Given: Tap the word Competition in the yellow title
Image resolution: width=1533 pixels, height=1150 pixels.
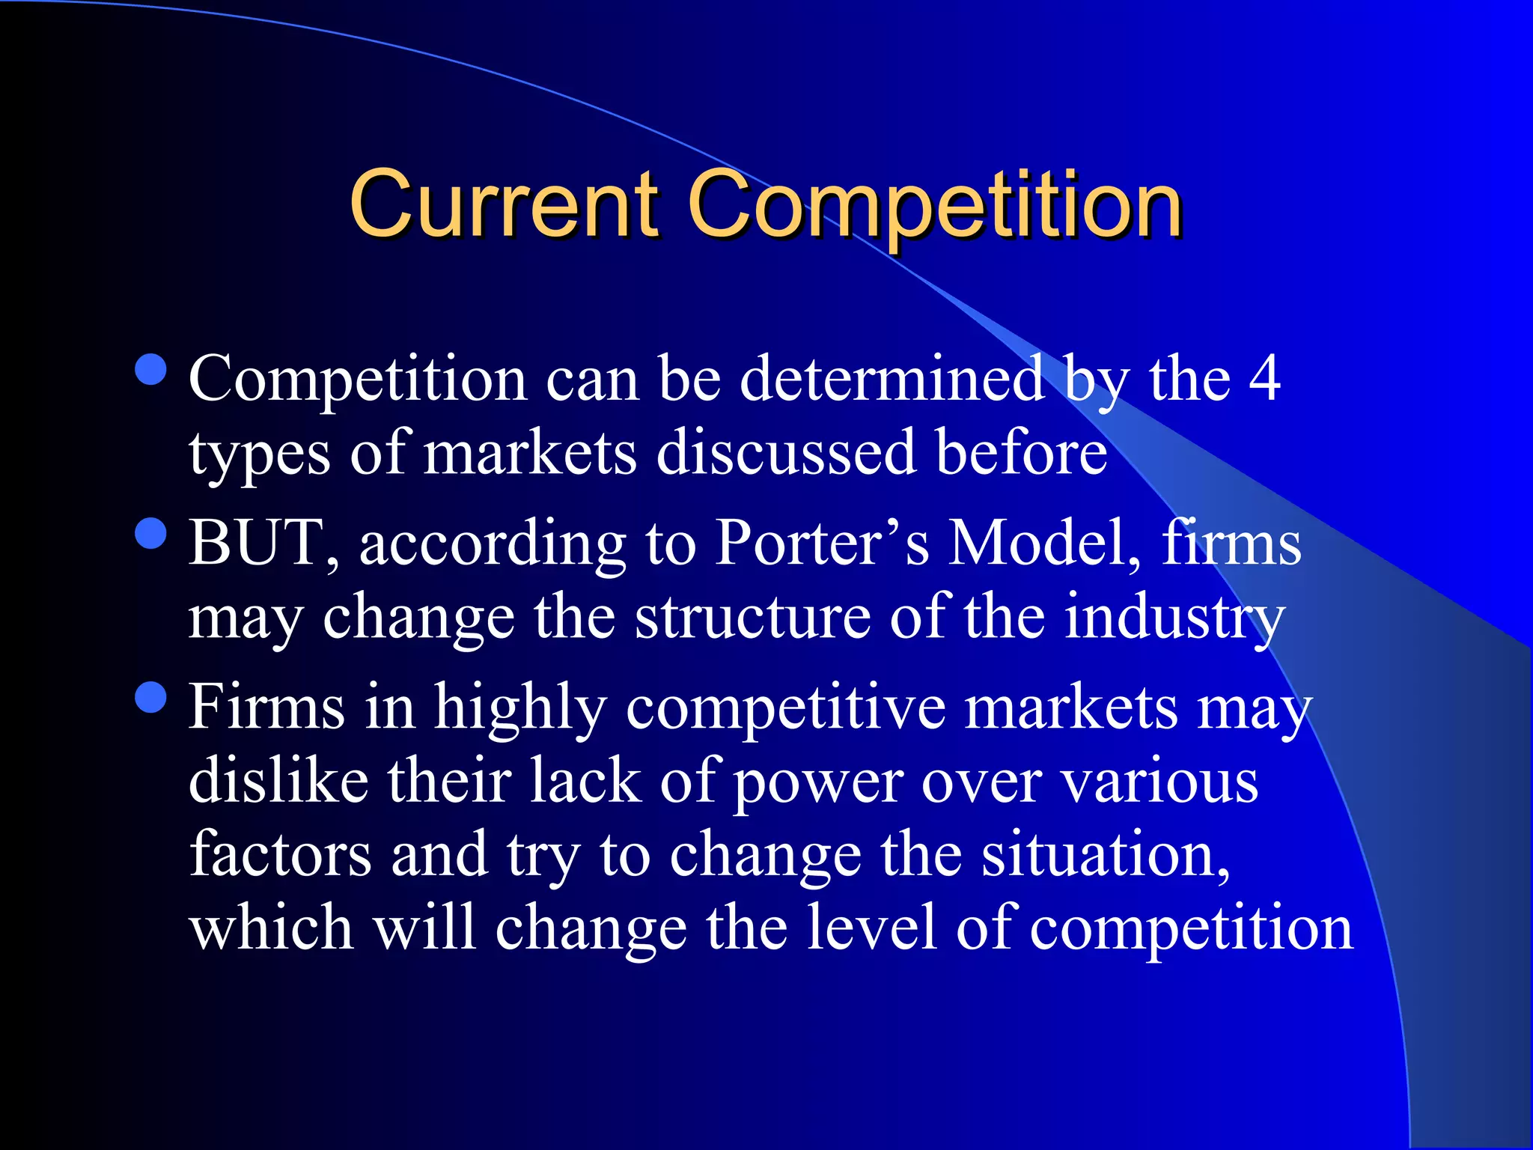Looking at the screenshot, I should point(935,206).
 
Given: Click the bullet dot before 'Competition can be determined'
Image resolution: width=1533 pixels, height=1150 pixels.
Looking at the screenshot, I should point(152,369).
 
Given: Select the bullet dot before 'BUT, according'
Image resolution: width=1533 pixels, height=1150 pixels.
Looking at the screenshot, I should point(152,534).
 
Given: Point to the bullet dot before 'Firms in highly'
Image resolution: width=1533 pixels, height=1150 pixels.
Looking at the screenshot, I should point(152,697).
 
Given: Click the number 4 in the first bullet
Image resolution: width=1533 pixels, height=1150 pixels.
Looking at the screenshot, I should point(1264,379).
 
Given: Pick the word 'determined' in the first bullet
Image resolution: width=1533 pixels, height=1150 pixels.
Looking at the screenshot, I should point(892,379).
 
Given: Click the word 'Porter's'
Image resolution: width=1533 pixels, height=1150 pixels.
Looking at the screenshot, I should point(822,542).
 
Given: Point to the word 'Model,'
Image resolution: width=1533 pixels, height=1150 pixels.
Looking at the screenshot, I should point(1045,542).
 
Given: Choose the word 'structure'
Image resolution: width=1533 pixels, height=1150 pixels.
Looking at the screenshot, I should point(753,617).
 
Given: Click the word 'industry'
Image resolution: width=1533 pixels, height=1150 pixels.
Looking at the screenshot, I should point(1174,618).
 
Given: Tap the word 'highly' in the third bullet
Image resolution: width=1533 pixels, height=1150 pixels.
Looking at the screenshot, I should point(520,708).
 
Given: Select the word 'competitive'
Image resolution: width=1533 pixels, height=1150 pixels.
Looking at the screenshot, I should point(786,708).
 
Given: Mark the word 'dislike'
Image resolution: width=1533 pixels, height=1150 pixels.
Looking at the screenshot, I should point(278,780).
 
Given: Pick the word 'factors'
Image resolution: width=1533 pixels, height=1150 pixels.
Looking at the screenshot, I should point(280,854).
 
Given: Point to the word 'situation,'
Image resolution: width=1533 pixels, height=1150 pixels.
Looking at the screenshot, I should point(1106,854).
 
